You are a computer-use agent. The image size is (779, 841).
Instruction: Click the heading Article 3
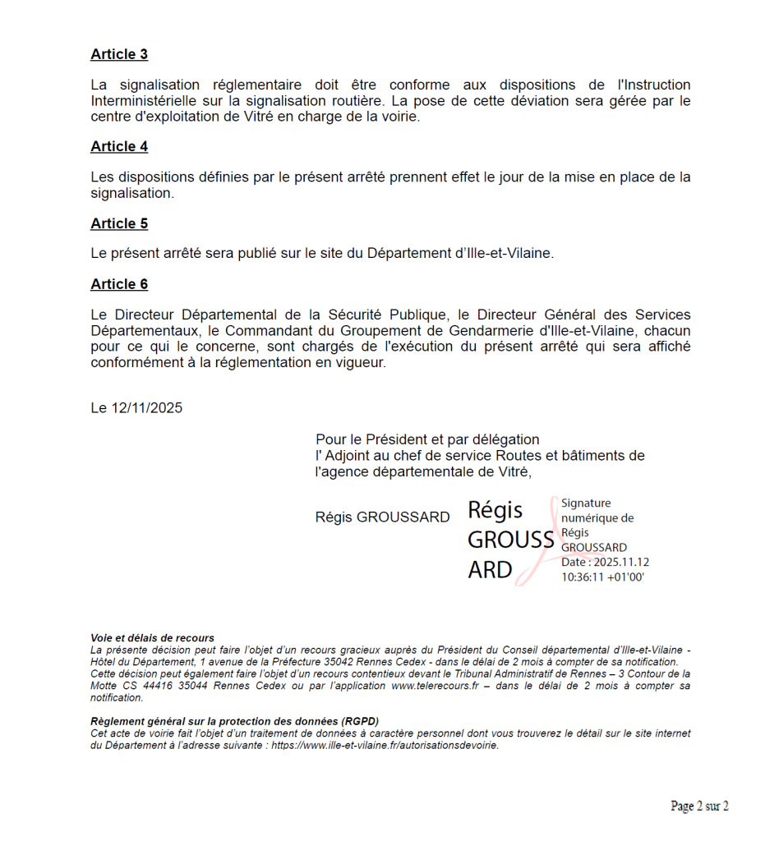pos(119,54)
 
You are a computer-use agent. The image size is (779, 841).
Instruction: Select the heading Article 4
pos(119,147)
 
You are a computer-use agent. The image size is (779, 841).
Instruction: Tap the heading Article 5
pos(119,224)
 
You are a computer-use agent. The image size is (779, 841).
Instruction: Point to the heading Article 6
pos(119,284)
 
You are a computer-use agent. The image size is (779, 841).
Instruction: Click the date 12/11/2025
pos(147,408)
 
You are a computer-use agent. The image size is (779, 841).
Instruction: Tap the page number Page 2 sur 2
pos(699,807)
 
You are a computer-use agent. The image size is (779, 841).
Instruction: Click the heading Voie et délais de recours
pos(152,638)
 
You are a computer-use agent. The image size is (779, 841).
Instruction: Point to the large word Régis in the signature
pos(496,510)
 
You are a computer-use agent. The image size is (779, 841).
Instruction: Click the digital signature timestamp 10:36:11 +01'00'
pos(602,577)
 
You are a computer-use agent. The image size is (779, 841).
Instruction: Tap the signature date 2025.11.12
pos(620,563)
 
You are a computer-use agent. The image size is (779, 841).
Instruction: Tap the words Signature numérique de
pos(597,511)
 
